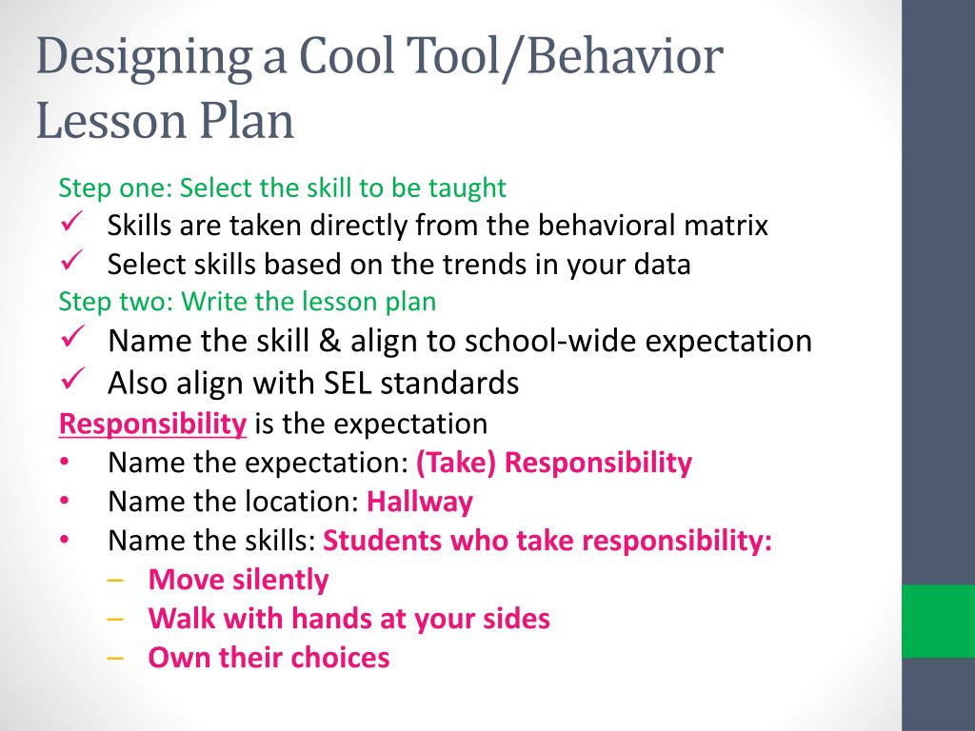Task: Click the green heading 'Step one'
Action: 106,188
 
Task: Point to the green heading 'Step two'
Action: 107,302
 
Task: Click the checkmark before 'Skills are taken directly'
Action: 73,225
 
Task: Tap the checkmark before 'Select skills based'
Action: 73,262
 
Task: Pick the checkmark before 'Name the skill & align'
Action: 73,338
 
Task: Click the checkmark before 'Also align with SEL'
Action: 73,380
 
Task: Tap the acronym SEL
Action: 354,383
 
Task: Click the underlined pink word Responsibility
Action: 152,424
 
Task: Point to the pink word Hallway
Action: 420,502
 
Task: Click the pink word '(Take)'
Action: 456,464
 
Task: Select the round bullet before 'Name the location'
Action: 63,501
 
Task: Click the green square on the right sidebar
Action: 938,621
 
